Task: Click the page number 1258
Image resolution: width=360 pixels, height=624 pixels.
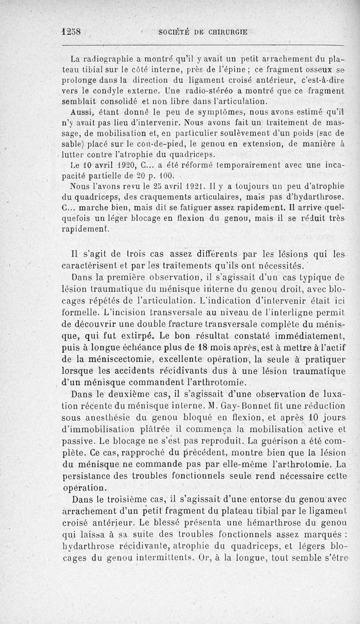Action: point(72,32)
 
